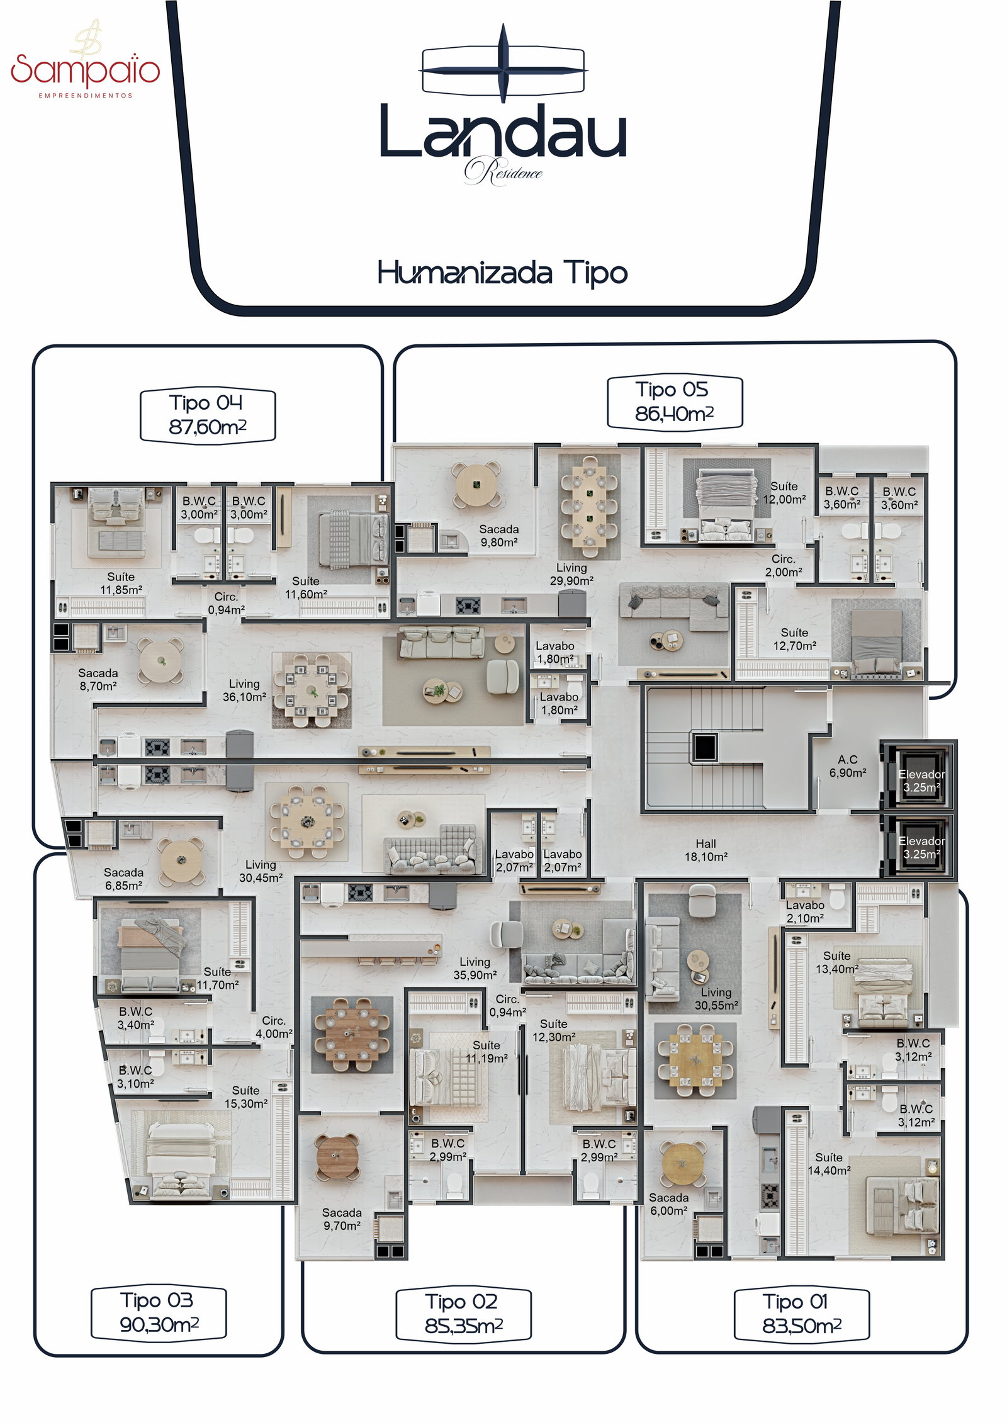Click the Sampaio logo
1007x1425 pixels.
pyautogui.click(x=86, y=60)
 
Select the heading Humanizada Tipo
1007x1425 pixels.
pyautogui.click(x=502, y=273)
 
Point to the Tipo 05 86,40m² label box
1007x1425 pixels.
pyautogui.click(x=674, y=403)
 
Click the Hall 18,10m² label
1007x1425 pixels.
pyautogui.click(x=706, y=850)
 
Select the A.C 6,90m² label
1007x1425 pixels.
pyautogui.click(x=848, y=766)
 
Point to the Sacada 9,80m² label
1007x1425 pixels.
pyautogui.click(x=499, y=536)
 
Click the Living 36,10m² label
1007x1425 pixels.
pyautogui.click(x=244, y=690)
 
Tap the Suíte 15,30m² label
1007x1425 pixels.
pyautogui.click(x=246, y=1096)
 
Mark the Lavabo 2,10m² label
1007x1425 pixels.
pyautogui.click(x=805, y=911)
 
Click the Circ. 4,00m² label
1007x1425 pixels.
pyautogui.click(x=274, y=1027)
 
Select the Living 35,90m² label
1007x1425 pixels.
pyautogui.click(x=475, y=968)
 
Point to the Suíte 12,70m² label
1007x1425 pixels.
pyautogui.click(x=795, y=639)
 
